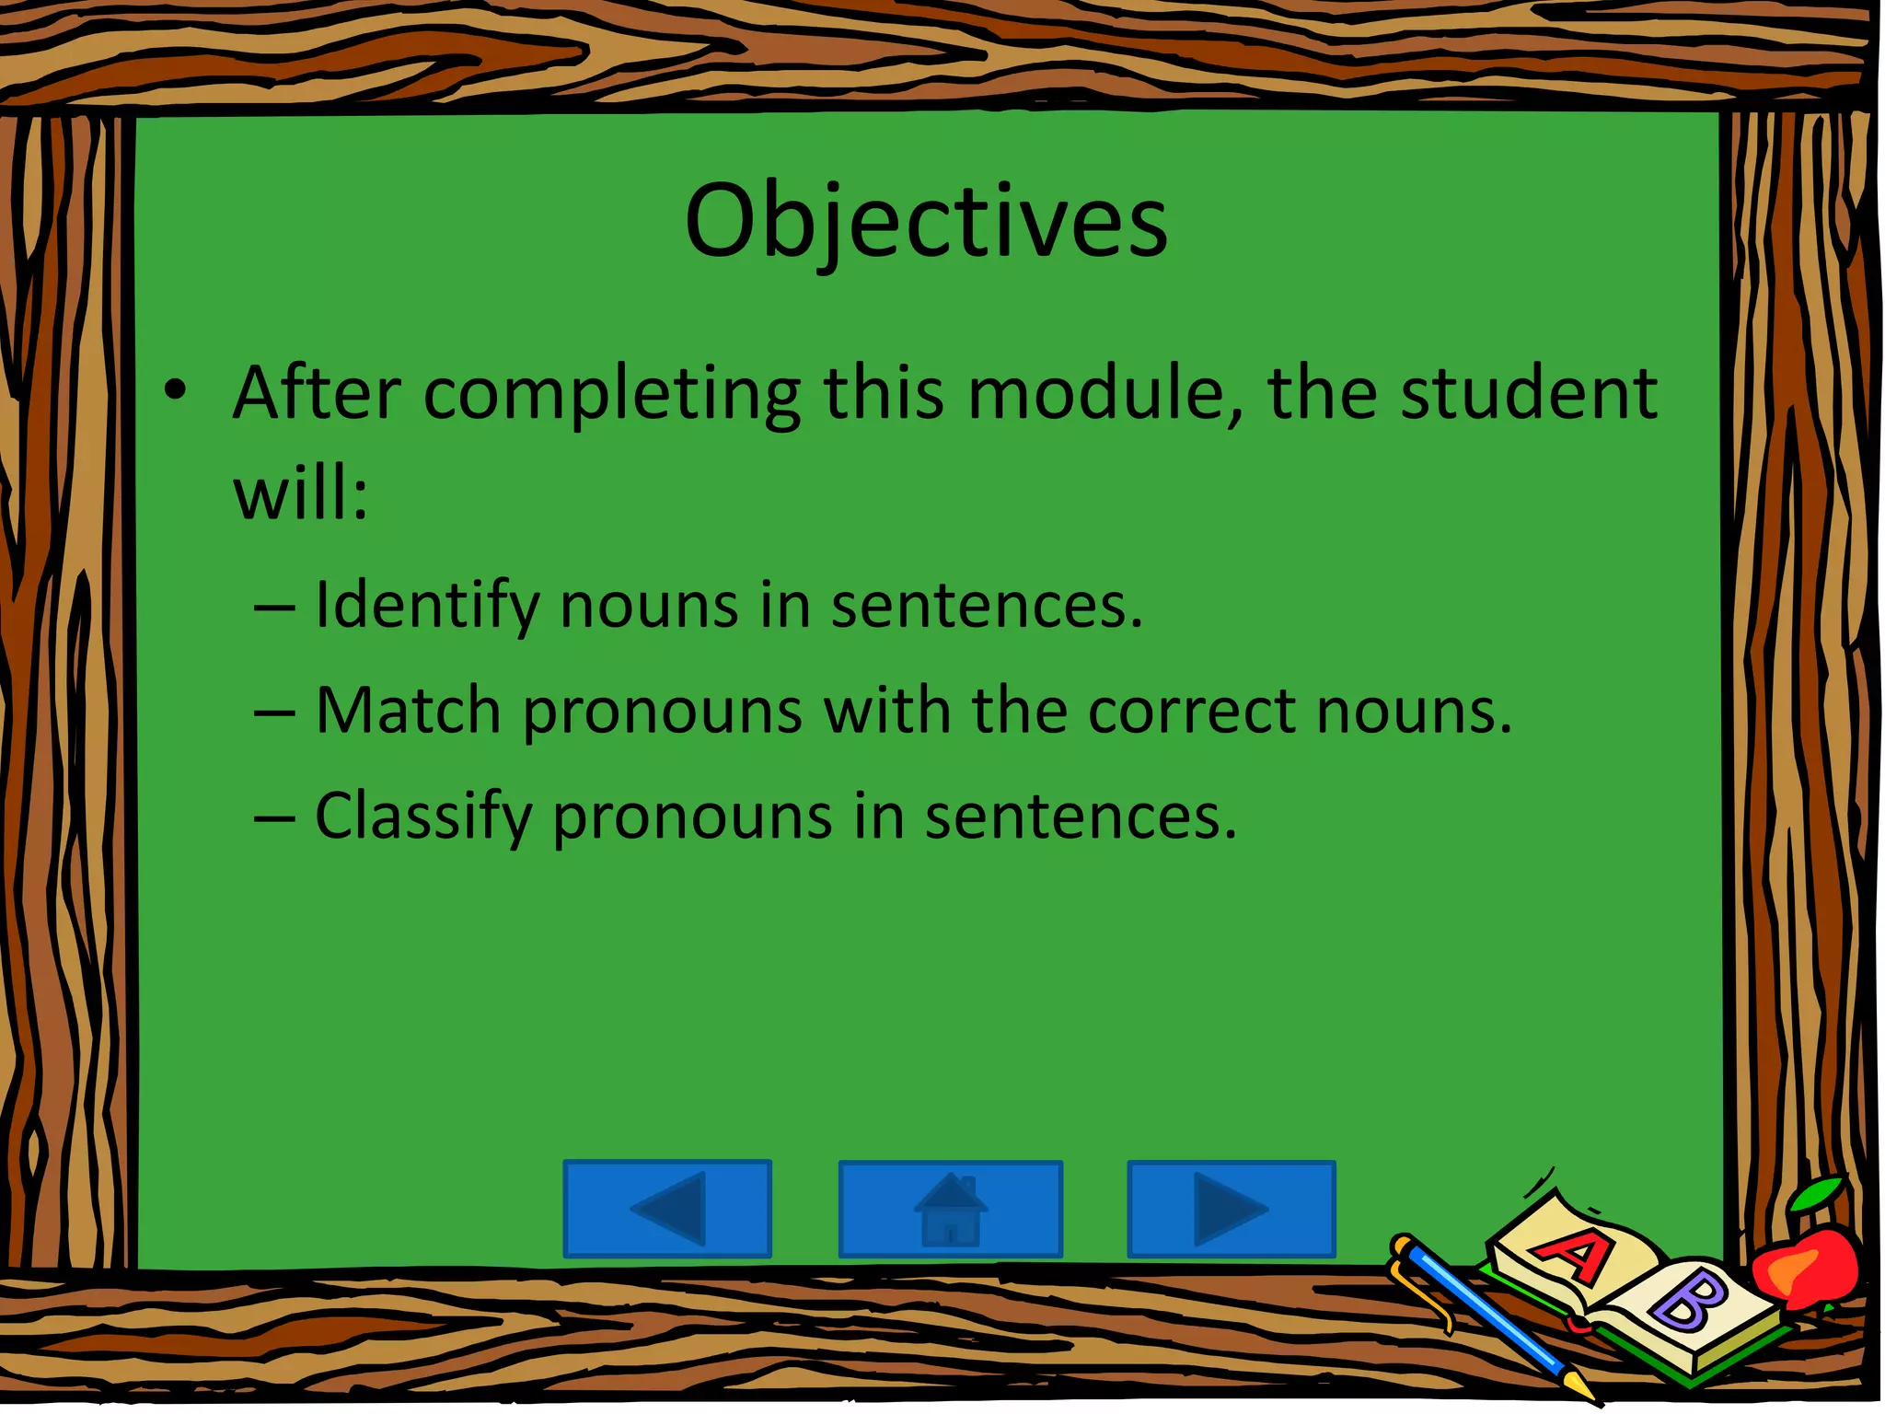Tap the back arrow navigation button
pos(667,1209)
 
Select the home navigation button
pos(950,1209)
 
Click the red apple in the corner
pos(1804,1267)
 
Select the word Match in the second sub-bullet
pos(408,712)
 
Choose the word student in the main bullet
pos(1528,394)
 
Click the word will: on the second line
pos(300,493)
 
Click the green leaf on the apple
pos(1817,1196)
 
